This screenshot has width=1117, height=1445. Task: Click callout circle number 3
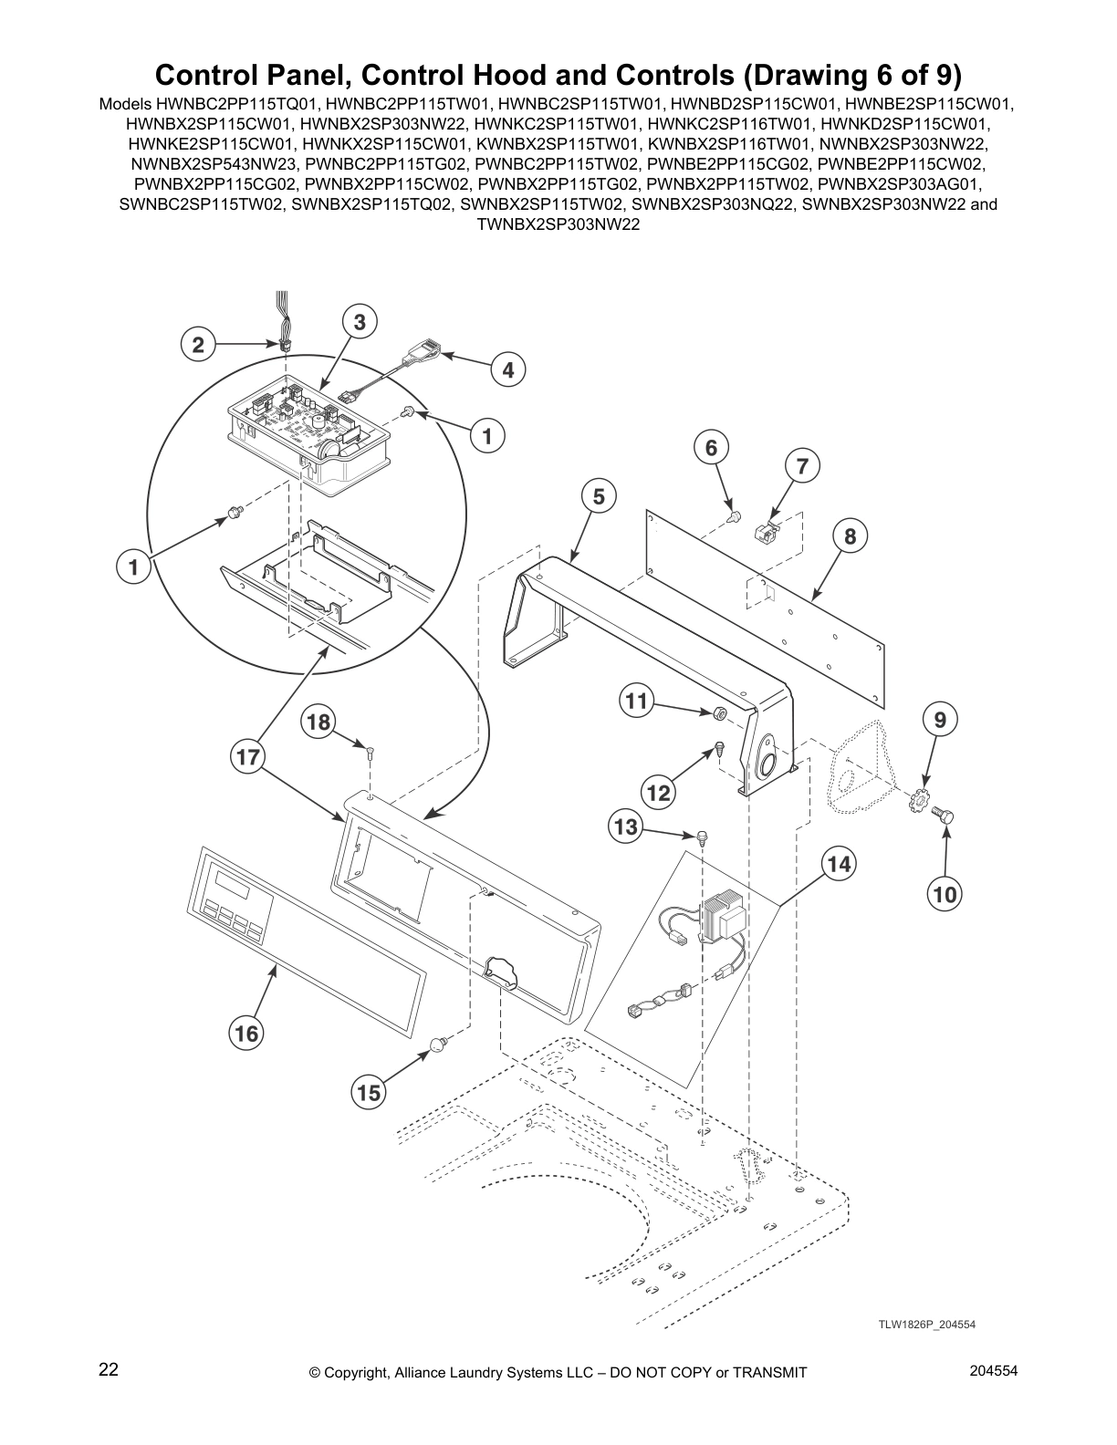[x=360, y=321]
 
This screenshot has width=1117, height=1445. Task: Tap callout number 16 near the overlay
[x=246, y=1033]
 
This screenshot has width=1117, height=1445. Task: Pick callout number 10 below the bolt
[x=945, y=895]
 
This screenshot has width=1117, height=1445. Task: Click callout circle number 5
[x=599, y=496]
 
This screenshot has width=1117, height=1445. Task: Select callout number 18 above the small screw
[x=318, y=722]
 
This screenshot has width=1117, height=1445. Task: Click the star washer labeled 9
[x=919, y=805]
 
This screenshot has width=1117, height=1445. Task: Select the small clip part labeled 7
[x=765, y=532]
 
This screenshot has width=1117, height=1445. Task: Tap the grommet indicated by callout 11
[x=719, y=712]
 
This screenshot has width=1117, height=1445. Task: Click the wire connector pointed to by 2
[x=285, y=347]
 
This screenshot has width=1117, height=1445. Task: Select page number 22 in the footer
[x=109, y=1369]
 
